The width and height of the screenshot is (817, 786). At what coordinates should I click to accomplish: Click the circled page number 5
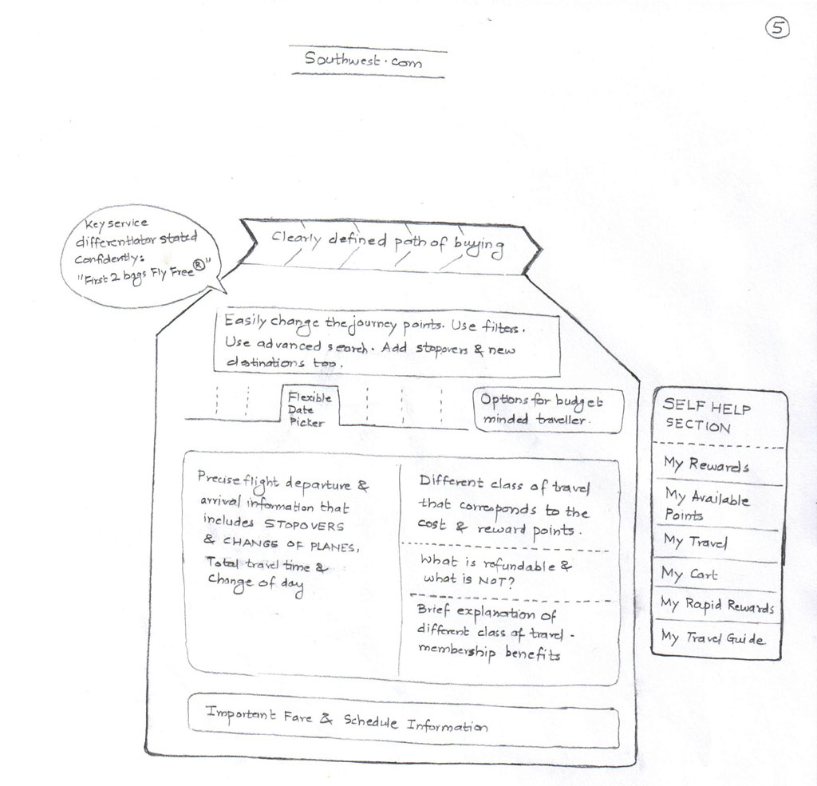pos(777,28)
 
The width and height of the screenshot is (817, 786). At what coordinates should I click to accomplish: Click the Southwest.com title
pos(363,60)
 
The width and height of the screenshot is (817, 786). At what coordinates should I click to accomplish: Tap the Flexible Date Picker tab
pos(310,409)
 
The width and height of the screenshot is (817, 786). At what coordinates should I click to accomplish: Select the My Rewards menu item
pos(706,464)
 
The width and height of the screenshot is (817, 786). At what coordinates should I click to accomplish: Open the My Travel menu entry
pos(695,542)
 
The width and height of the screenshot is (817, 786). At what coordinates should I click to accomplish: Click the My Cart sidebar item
pos(689,575)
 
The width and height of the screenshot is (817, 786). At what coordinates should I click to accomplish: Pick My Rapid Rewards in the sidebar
pos(717,605)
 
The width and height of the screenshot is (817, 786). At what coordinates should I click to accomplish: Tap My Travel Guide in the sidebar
pos(712,638)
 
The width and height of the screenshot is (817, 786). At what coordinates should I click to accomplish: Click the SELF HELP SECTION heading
pos(707,416)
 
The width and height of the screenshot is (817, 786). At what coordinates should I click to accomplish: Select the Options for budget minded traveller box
pos(548,410)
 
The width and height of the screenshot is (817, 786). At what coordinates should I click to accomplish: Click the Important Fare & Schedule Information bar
pos(403,721)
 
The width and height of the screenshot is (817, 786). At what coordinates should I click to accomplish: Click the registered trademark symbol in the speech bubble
pos(199,267)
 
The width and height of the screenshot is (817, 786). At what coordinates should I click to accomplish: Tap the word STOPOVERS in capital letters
pos(304,525)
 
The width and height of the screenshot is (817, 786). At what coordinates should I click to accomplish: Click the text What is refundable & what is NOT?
pos(495,571)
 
